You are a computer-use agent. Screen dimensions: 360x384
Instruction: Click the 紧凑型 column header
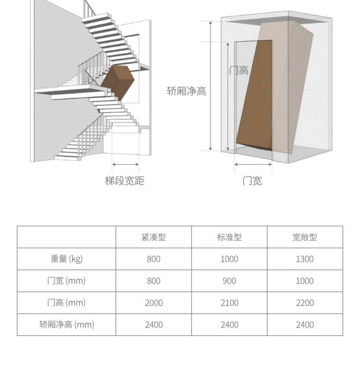(x=154, y=237)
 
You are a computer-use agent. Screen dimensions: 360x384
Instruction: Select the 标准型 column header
(x=229, y=237)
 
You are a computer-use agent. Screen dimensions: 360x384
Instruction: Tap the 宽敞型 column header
(x=305, y=237)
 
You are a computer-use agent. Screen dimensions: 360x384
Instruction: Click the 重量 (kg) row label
(x=67, y=259)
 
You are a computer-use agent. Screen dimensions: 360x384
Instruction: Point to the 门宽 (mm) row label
(x=67, y=281)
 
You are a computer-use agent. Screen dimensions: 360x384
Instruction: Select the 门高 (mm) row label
(x=67, y=303)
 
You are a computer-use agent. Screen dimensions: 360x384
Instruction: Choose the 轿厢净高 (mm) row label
(x=67, y=324)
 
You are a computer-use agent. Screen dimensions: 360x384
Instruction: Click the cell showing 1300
(x=305, y=259)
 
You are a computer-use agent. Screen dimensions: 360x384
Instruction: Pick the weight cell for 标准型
(x=229, y=259)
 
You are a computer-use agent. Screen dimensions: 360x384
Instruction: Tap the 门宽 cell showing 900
(x=229, y=281)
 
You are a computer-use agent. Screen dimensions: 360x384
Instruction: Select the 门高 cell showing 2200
(x=305, y=303)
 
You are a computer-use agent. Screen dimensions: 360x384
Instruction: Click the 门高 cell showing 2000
(x=154, y=303)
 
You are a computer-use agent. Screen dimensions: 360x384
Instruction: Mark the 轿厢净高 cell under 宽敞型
(x=305, y=325)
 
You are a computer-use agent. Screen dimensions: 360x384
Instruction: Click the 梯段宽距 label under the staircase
(x=125, y=181)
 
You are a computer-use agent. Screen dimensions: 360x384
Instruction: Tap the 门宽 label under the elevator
(x=252, y=181)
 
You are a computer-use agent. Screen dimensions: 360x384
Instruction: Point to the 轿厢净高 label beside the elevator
(x=187, y=91)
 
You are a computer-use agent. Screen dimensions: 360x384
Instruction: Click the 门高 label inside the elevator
(x=239, y=71)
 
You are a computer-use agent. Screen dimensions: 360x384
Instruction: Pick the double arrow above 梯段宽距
(x=125, y=165)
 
